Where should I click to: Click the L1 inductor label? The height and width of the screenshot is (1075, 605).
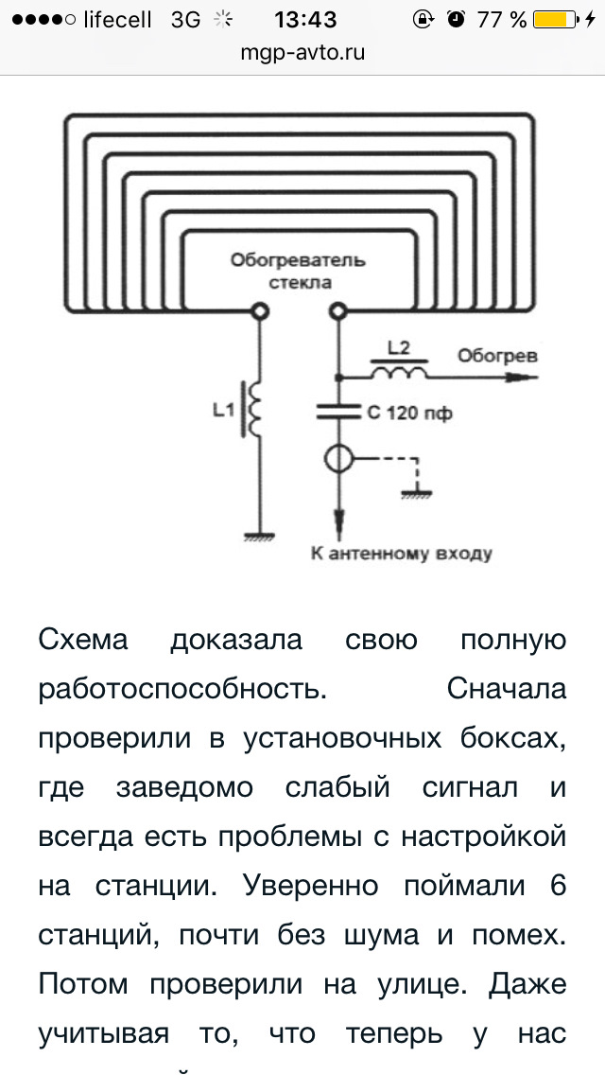[x=223, y=412]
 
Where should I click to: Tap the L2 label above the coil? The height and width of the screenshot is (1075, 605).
[x=398, y=348]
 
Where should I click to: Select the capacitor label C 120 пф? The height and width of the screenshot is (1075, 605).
[x=409, y=414]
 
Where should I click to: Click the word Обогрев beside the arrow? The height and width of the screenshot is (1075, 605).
[x=496, y=356]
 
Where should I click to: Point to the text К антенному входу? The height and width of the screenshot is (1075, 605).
[x=402, y=553]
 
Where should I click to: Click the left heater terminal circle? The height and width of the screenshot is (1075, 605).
[x=260, y=312]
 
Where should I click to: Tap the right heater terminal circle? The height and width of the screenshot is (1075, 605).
[x=337, y=312]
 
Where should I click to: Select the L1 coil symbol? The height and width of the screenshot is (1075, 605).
[x=255, y=410]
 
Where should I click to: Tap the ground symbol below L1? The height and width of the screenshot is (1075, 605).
[x=260, y=536]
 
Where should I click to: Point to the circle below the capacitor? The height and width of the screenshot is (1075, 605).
[x=337, y=458]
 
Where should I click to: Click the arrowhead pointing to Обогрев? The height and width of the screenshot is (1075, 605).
[x=524, y=377]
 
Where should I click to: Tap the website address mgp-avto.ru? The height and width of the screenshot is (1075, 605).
[x=302, y=53]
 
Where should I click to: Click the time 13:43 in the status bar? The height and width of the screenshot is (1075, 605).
[x=305, y=20]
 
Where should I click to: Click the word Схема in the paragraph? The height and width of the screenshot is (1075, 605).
[x=83, y=640]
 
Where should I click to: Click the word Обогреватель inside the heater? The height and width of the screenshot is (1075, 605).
[x=298, y=261]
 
